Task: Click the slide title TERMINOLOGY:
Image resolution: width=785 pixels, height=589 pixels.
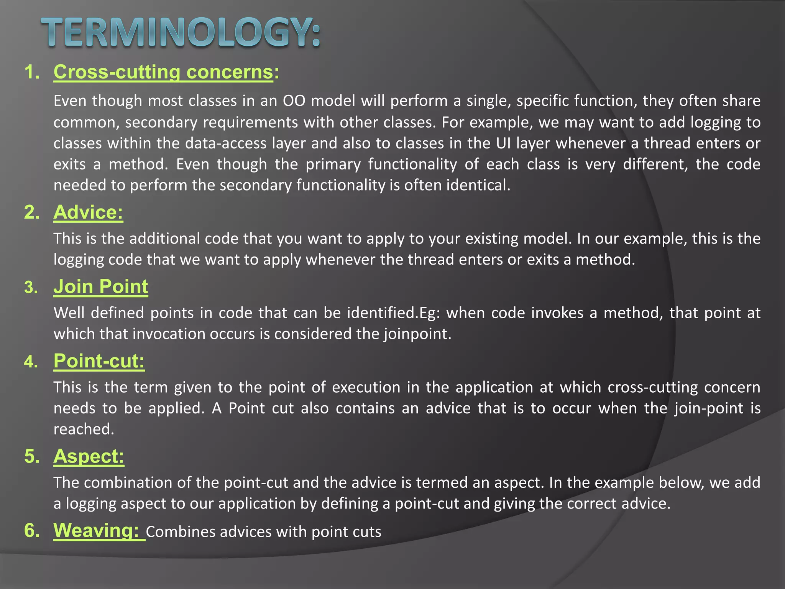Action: click(x=180, y=33)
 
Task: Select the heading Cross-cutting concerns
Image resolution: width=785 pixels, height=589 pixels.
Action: click(x=163, y=72)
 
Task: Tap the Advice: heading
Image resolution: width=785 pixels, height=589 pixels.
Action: click(x=88, y=212)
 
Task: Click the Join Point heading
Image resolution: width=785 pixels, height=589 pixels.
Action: click(x=100, y=286)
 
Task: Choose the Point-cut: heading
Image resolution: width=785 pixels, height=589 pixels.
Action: click(x=99, y=361)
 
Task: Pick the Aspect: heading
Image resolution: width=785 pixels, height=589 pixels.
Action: click(x=89, y=456)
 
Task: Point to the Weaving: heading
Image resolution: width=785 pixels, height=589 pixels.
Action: click(x=96, y=530)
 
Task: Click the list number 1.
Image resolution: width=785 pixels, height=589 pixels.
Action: click(x=32, y=72)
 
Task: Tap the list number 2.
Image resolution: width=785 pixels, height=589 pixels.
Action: click(x=32, y=212)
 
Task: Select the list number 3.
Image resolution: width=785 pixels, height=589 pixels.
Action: click(x=31, y=287)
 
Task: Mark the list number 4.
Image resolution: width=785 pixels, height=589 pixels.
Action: click(x=31, y=362)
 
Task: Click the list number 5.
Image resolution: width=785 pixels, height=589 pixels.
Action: click(x=32, y=456)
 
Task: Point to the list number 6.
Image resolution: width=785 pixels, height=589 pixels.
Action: click(x=32, y=530)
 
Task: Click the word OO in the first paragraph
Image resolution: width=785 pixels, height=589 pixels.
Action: click(x=294, y=101)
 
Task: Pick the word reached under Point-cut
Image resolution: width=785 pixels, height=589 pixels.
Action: click(x=84, y=429)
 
